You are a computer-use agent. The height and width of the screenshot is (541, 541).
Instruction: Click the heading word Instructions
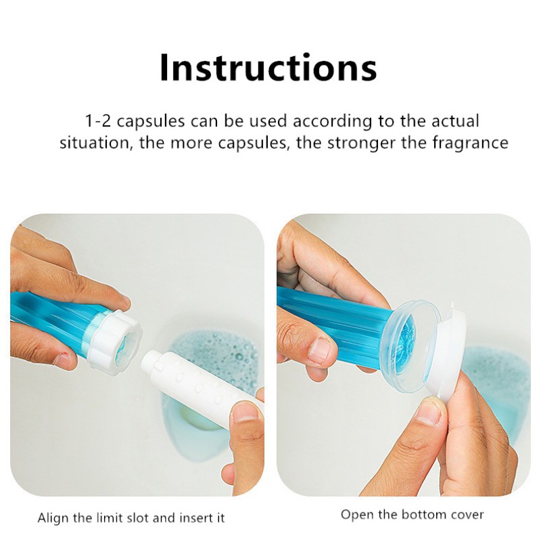tap(268, 67)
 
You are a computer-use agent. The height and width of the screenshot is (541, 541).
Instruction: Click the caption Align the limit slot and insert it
tap(131, 519)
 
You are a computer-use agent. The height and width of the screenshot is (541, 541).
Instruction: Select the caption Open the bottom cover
tap(412, 515)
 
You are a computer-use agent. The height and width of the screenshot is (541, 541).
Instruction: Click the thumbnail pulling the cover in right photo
tap(429, 409)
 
